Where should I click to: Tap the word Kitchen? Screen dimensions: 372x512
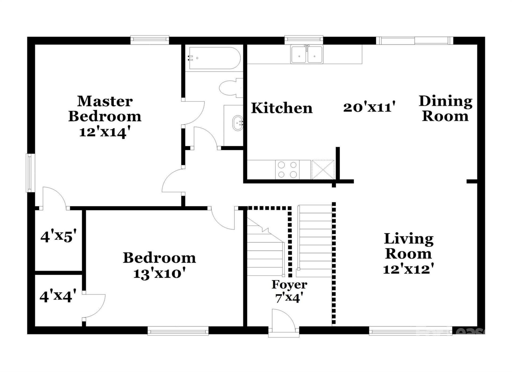[x=282, y=108]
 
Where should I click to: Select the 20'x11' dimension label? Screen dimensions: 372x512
[x=369, y=107]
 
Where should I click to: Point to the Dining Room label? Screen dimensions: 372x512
[x=445, y=109]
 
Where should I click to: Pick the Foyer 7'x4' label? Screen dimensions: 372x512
[x=289, y=291]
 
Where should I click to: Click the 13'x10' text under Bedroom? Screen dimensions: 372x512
[x=159, y=274]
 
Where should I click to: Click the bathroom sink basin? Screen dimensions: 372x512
[x=237, y=123]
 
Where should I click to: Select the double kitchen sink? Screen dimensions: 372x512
[x=307, y=55]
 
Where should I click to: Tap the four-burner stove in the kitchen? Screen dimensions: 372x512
[x=287, y=170]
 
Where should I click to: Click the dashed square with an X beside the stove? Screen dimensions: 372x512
[x=323, y=170]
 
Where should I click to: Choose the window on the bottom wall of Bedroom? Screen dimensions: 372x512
[x=178, y=332]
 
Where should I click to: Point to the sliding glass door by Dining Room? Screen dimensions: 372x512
[x=415, y=41]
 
